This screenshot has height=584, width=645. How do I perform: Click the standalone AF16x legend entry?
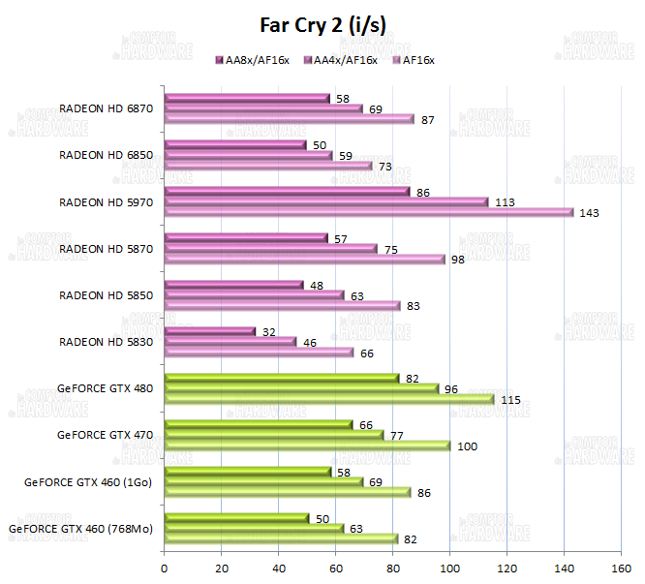pyautogui.click(x=414, y=61)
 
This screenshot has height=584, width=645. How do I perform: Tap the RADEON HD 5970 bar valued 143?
pyautogui.click(x=369, y=213)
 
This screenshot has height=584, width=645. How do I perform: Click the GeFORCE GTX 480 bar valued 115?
pyautogui.click(x=329, y=399)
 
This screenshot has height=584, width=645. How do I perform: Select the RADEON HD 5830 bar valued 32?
pyautogui.click(x=210, y=331)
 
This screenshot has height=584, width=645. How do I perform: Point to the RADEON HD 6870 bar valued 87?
pyautogui.click(x=289, y=119)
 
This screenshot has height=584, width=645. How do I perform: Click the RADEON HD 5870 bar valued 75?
pyautogui.click(x=271, y=249)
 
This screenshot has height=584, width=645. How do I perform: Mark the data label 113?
pyautogui.click(x=504, y=202)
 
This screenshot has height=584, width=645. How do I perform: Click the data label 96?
pyautogui.click(x=452, y=389)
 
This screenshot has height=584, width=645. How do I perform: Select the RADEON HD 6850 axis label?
pyautogui.click(x=107, y=155)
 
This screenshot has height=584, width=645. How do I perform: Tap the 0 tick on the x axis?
pyautogui.click(x=165, y=569)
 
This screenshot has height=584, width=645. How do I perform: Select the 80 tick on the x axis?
pyautogui.click(x=392, y=569)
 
